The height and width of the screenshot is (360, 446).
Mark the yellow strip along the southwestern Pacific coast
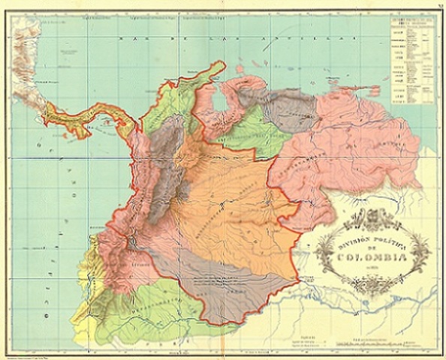pyautogui.click(x=83, y=300)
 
